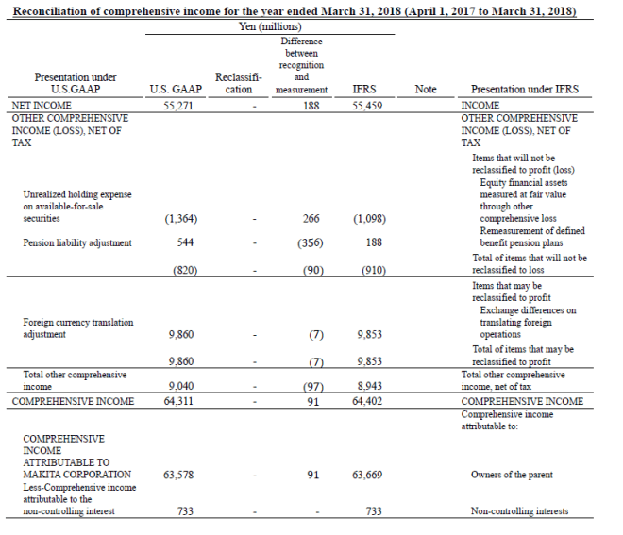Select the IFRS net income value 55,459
coord(364,106)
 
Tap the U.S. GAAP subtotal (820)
coord(184,271)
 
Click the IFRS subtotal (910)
coord(367,271)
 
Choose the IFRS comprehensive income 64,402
coord(364,401)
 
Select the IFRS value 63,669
coord(364,475)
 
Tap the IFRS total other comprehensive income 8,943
coord(366,387)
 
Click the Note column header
coord(426,90)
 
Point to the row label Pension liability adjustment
coord(77,242)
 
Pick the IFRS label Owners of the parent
coord(514,475)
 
